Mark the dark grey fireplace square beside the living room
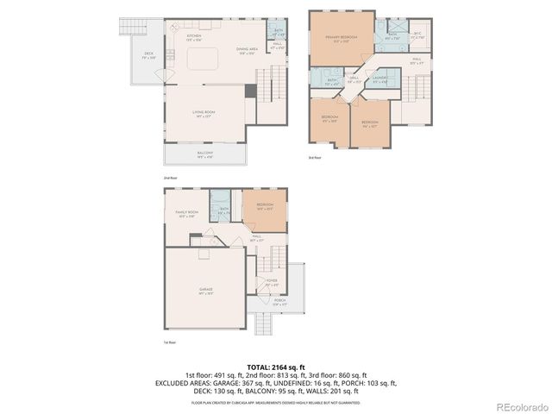click(250, 91)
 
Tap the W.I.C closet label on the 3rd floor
click(417, 35)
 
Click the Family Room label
click(187, 213)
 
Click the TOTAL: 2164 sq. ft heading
click(275, 367)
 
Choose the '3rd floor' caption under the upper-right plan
click(315, 158)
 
